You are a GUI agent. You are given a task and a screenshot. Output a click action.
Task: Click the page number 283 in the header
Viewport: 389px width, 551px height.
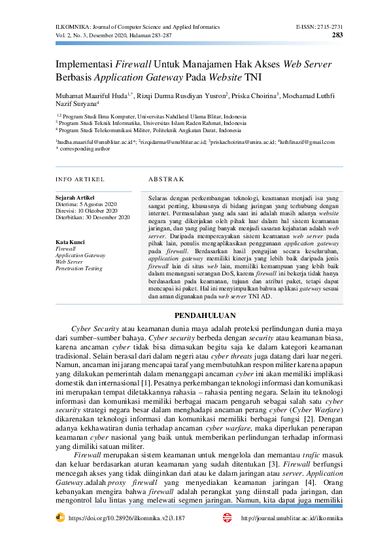(337, 35)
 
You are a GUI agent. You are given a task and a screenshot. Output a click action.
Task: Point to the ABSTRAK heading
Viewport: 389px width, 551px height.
(166, 179)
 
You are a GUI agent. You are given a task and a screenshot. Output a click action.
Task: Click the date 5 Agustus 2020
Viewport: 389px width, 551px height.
(101, 204)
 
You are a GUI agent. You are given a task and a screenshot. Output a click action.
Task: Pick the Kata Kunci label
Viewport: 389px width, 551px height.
(70, 242)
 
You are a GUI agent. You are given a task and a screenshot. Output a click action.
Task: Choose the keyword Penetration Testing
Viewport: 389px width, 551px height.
(78, 268)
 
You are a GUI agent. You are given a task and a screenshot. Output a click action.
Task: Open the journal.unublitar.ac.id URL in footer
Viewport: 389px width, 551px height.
(292, 518)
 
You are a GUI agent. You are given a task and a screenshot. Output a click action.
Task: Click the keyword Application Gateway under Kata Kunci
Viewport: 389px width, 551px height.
(80, 255)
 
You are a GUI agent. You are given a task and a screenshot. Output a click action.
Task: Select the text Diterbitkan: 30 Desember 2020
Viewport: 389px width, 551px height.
(92, 217)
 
